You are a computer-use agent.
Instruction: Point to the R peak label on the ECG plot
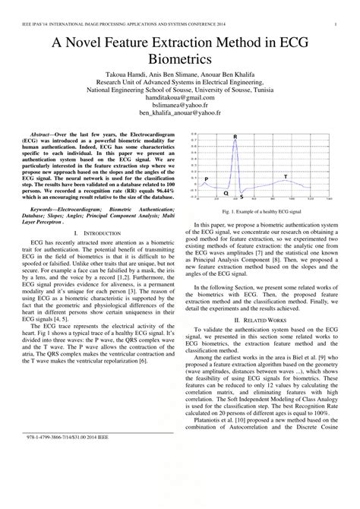click(x=235, y=138)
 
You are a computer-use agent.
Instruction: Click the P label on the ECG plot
click(x=206, y=179)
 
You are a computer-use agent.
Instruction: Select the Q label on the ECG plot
click(x=226, y=194)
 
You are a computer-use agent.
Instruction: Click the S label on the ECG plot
click(x=242, y=197)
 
